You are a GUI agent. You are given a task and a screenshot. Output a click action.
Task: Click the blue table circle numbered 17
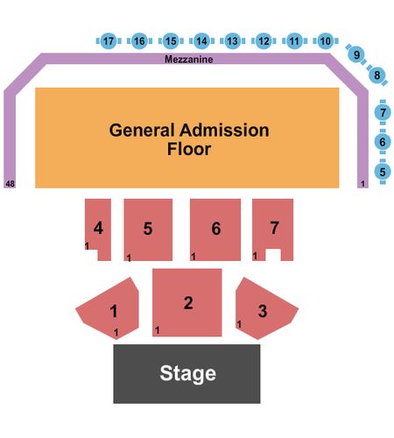point(109,41)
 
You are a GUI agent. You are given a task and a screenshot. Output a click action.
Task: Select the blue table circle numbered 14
point(201,41)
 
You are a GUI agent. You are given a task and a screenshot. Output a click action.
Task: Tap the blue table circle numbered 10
point(326,41)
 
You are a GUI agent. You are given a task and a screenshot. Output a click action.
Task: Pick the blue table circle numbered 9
point(356,54)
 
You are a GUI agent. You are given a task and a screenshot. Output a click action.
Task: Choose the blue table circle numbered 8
point(377,75)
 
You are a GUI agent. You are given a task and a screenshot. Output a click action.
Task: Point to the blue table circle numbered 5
point(383,172)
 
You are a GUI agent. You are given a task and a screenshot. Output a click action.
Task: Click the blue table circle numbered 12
point(264,41)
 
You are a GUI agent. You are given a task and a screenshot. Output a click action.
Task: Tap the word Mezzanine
point(189,60)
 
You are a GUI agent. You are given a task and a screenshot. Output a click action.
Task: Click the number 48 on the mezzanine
point(10,184)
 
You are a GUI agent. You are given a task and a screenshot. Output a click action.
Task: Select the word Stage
point(188,373)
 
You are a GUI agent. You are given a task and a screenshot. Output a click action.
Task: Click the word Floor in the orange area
point(189,149)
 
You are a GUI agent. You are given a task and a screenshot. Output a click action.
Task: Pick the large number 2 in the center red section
point(188,303)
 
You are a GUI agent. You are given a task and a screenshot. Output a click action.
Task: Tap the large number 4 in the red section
point(98,228)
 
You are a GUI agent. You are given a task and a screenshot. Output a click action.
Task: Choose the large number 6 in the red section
point(216,229)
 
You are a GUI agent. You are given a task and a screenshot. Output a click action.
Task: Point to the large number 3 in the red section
point(263,311)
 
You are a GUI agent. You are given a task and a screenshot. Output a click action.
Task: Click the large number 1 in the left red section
point(114,311)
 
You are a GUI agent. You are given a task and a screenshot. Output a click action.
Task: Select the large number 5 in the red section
point(148,229)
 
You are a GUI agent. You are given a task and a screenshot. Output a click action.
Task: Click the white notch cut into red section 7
point(273,255)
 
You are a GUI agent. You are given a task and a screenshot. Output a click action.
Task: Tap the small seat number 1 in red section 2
point(158,330)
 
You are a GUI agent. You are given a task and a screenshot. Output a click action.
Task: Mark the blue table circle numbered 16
point(139,41)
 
